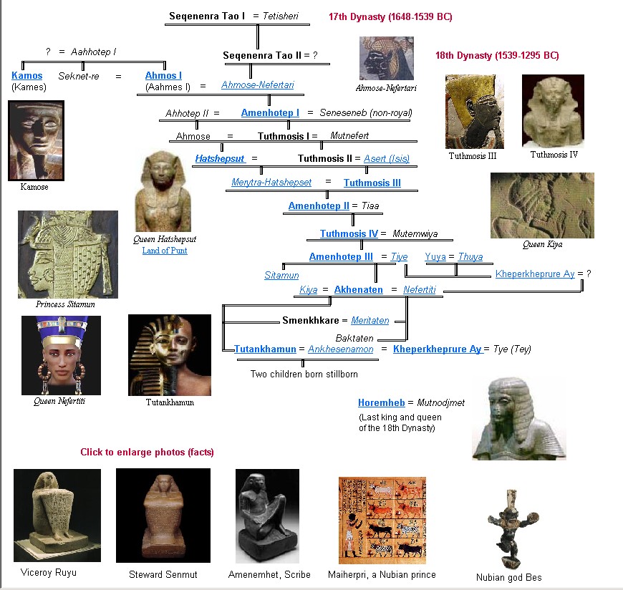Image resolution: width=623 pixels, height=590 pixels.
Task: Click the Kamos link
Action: (x=26, y=75)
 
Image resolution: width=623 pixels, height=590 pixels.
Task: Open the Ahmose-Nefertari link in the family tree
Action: (x=257, y=85)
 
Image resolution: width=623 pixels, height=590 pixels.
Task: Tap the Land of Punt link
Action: (x=165, y=251)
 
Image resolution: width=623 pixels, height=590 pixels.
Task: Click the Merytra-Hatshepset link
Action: (x=271, y=183)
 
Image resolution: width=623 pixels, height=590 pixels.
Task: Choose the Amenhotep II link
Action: (x=319, y=206)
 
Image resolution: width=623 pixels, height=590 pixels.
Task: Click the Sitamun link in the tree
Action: (x=281, y=275)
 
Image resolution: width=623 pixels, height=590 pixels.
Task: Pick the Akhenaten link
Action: (x=358, y=290)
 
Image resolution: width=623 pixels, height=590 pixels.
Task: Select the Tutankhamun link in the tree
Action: (x=265, y=349)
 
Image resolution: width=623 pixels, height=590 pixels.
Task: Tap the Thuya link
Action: (x=470, y=257)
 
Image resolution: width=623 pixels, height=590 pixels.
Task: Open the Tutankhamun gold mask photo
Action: (x=170, y=355)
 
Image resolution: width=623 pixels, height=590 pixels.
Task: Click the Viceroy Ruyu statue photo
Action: (x=47, y=516)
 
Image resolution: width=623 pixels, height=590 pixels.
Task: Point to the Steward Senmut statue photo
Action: (x=163, y=516)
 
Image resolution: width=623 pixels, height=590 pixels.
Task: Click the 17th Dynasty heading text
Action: (x=390, y=16)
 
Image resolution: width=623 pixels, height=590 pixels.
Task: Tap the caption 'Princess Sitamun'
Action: (x=65, y=304)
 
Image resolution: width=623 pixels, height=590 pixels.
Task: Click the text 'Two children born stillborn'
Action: (x=304, y=374)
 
